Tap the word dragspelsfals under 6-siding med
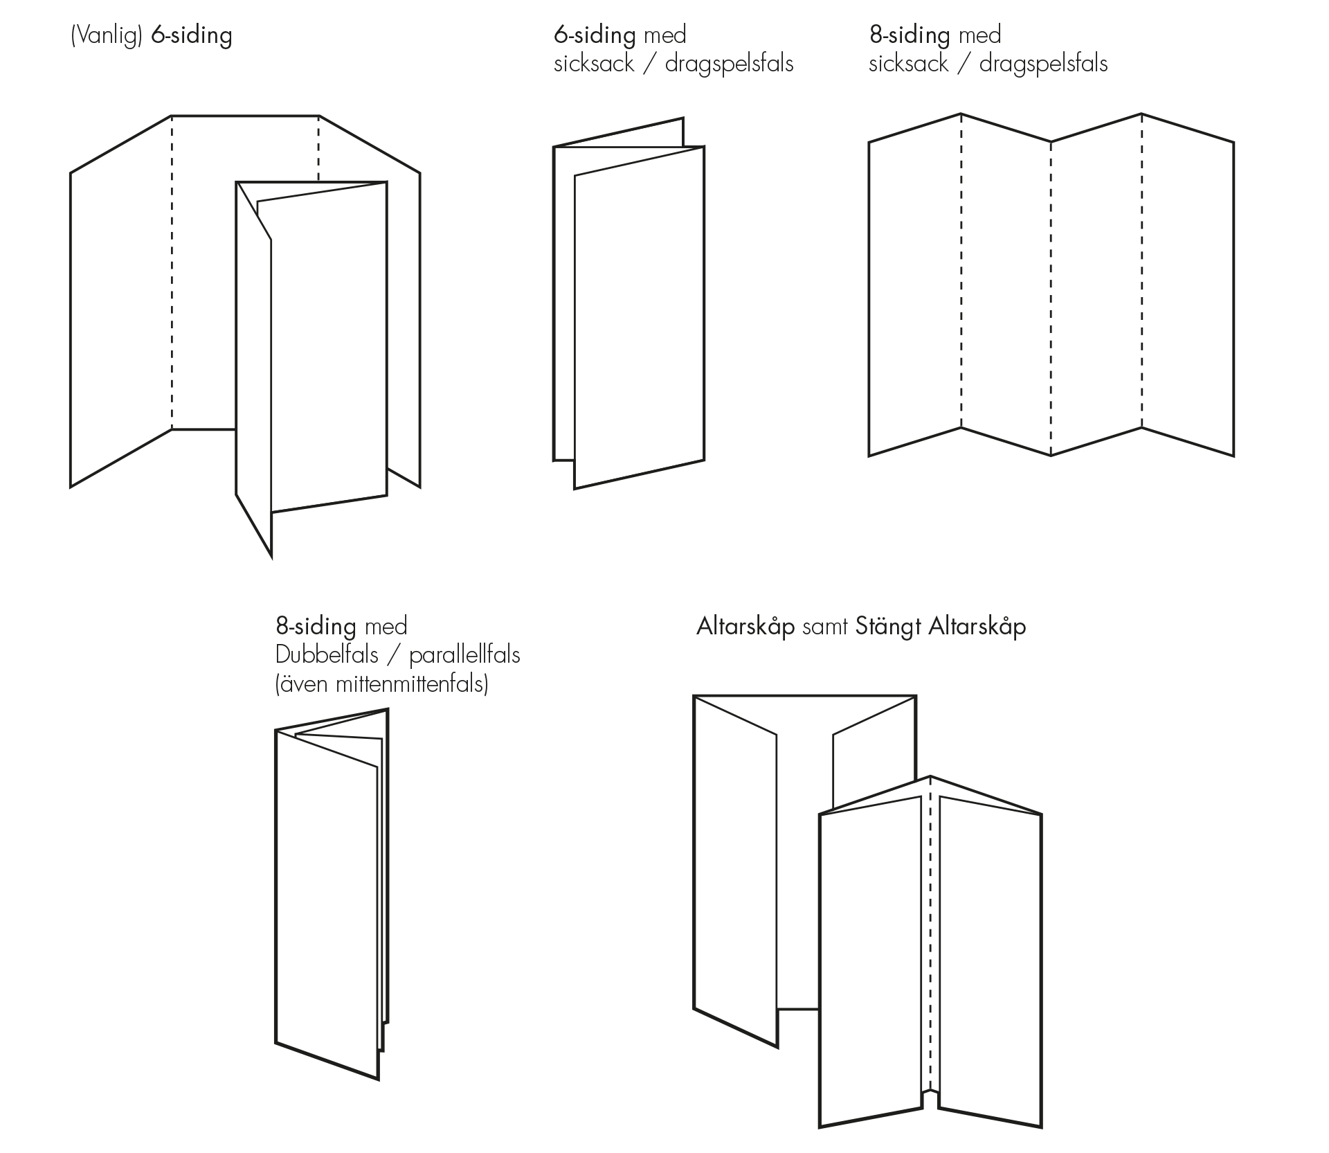tap(729, 64)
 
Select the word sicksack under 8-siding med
tap(908, 64)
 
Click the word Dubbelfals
tap(327, 655)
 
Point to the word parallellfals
tap(464, 655)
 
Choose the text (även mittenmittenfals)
tap(381, 684)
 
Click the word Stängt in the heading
tap(888, 627)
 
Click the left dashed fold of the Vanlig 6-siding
tap(172, 277)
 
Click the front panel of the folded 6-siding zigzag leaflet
tap(639, 319)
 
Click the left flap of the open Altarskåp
tap(735, 873)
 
